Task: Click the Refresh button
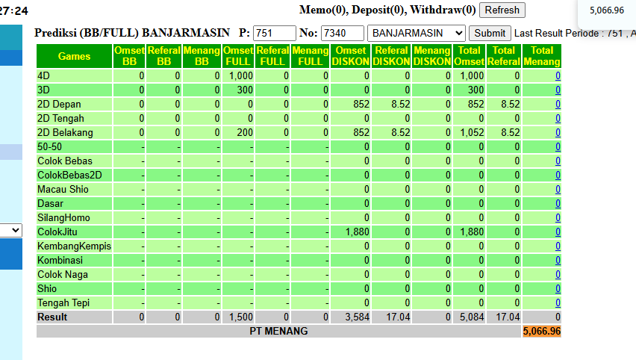(502, 10)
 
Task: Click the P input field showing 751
(275, 34)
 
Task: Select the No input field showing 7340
(343, 34)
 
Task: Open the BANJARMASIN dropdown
(416, 34)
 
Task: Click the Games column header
(74, 56)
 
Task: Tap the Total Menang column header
(542, 56)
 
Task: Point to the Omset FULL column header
(238, 56)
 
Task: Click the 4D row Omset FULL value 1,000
(241, 76)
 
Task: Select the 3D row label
(43, 90)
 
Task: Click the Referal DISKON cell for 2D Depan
(401, 105)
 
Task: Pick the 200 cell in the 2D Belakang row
(245, 133)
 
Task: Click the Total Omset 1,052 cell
(472, 133)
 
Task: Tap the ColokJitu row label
(57, 232)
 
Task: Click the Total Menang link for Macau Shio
(558, 190)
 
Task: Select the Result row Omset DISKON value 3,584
(358, 317)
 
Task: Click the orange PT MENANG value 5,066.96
(542, 331)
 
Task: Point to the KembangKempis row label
(74, 246)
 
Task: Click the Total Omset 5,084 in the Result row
(472, 317)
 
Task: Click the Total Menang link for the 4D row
(558, 76)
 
